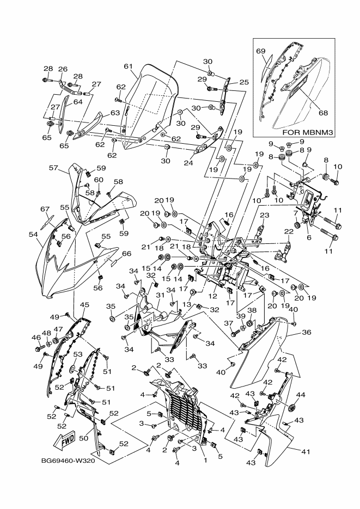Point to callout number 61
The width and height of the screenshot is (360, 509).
tap(129, 66)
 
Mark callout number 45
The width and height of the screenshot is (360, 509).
tap(84, 305)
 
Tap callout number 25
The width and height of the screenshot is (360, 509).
tap(244, 82)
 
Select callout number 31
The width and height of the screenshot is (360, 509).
tap(160, 295)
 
